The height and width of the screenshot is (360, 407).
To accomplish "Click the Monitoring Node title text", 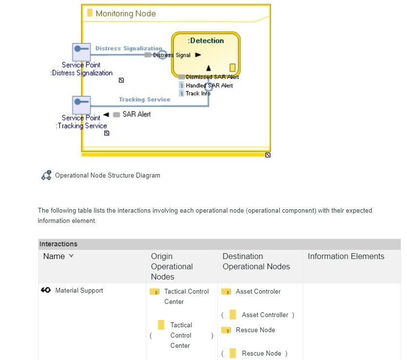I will click(125, 13).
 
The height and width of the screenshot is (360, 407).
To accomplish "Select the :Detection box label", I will click(206, 40).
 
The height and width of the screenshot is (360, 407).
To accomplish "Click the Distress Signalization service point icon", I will click(81, 51).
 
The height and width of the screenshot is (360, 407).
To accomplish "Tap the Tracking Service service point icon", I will click(81, 104).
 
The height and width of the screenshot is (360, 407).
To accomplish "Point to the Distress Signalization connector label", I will click(129, 48).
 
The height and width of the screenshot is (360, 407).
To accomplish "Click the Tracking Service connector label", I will click(144, 100).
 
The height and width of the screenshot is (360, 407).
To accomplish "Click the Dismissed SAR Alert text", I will click(212, 77).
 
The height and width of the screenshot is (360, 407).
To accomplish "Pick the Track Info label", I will click(198, 93).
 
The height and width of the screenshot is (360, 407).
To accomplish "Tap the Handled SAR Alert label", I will click(209, 85).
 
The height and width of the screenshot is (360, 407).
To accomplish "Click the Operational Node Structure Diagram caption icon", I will click(46, 175).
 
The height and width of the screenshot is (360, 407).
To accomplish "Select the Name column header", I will click(54, 256).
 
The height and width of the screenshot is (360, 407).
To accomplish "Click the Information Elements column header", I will click(346, 256).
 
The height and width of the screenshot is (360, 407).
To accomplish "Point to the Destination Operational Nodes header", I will click(256, 261).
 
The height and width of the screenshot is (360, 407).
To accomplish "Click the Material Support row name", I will click(79, 290).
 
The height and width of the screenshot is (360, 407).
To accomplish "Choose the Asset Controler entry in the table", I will click(258, 291).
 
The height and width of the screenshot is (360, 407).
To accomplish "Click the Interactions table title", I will click(58, 244).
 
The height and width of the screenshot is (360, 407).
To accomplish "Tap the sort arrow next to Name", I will click(71, 256).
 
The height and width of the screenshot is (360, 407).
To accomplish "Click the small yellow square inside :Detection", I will click(233, 67).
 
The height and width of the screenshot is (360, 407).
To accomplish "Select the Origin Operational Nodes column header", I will click(172, 266).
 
